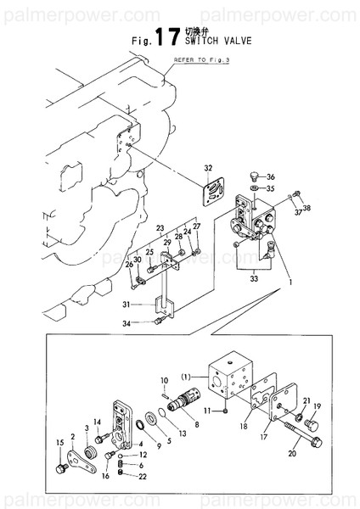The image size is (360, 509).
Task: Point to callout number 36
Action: click(x=271, y=177)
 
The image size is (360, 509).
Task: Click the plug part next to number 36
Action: click(x=253, y=175)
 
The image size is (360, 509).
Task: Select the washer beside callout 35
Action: click(x=256, y=187)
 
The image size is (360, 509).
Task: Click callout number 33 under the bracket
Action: click(x=253, y=277)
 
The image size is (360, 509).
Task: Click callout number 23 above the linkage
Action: click(x=159, y=228)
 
